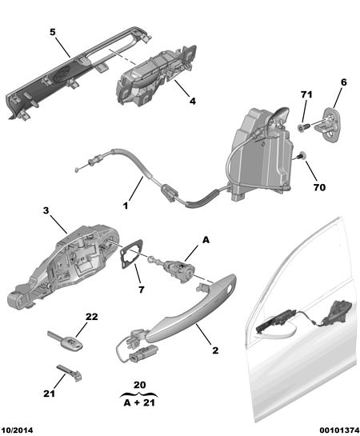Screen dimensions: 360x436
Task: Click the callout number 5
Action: (x=53, y=32)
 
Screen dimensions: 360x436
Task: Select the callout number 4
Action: (x=193, y=101)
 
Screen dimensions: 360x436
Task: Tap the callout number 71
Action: (x=306, y=94)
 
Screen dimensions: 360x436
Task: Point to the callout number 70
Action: (x=319, y=187)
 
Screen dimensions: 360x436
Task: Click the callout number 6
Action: (x=344, y=82)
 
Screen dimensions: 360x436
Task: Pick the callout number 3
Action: (x=46, y=210)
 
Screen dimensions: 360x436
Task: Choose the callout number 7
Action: (x=142, y=290)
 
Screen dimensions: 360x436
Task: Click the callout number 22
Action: (x=92, y=317)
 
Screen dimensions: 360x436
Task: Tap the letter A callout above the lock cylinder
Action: (x=206, y=240)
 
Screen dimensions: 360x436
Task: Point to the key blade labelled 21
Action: (x=70, y=372)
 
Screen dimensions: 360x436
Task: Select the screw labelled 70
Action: (x=302, y=157)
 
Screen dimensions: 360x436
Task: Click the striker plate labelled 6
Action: (x=329, y=125)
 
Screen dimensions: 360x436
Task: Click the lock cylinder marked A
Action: (x=172, y=269)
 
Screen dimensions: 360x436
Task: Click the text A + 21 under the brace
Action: (x=139, y=402)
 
